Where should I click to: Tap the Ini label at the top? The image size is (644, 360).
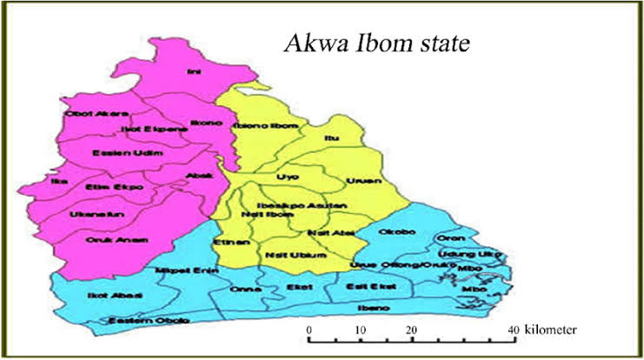point(193,72)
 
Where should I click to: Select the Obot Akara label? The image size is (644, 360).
point(96,113)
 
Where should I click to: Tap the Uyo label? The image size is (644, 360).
point(281,177)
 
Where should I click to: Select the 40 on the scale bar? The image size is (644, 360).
point(514,330)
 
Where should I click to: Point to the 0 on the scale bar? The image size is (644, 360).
point(309,330)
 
